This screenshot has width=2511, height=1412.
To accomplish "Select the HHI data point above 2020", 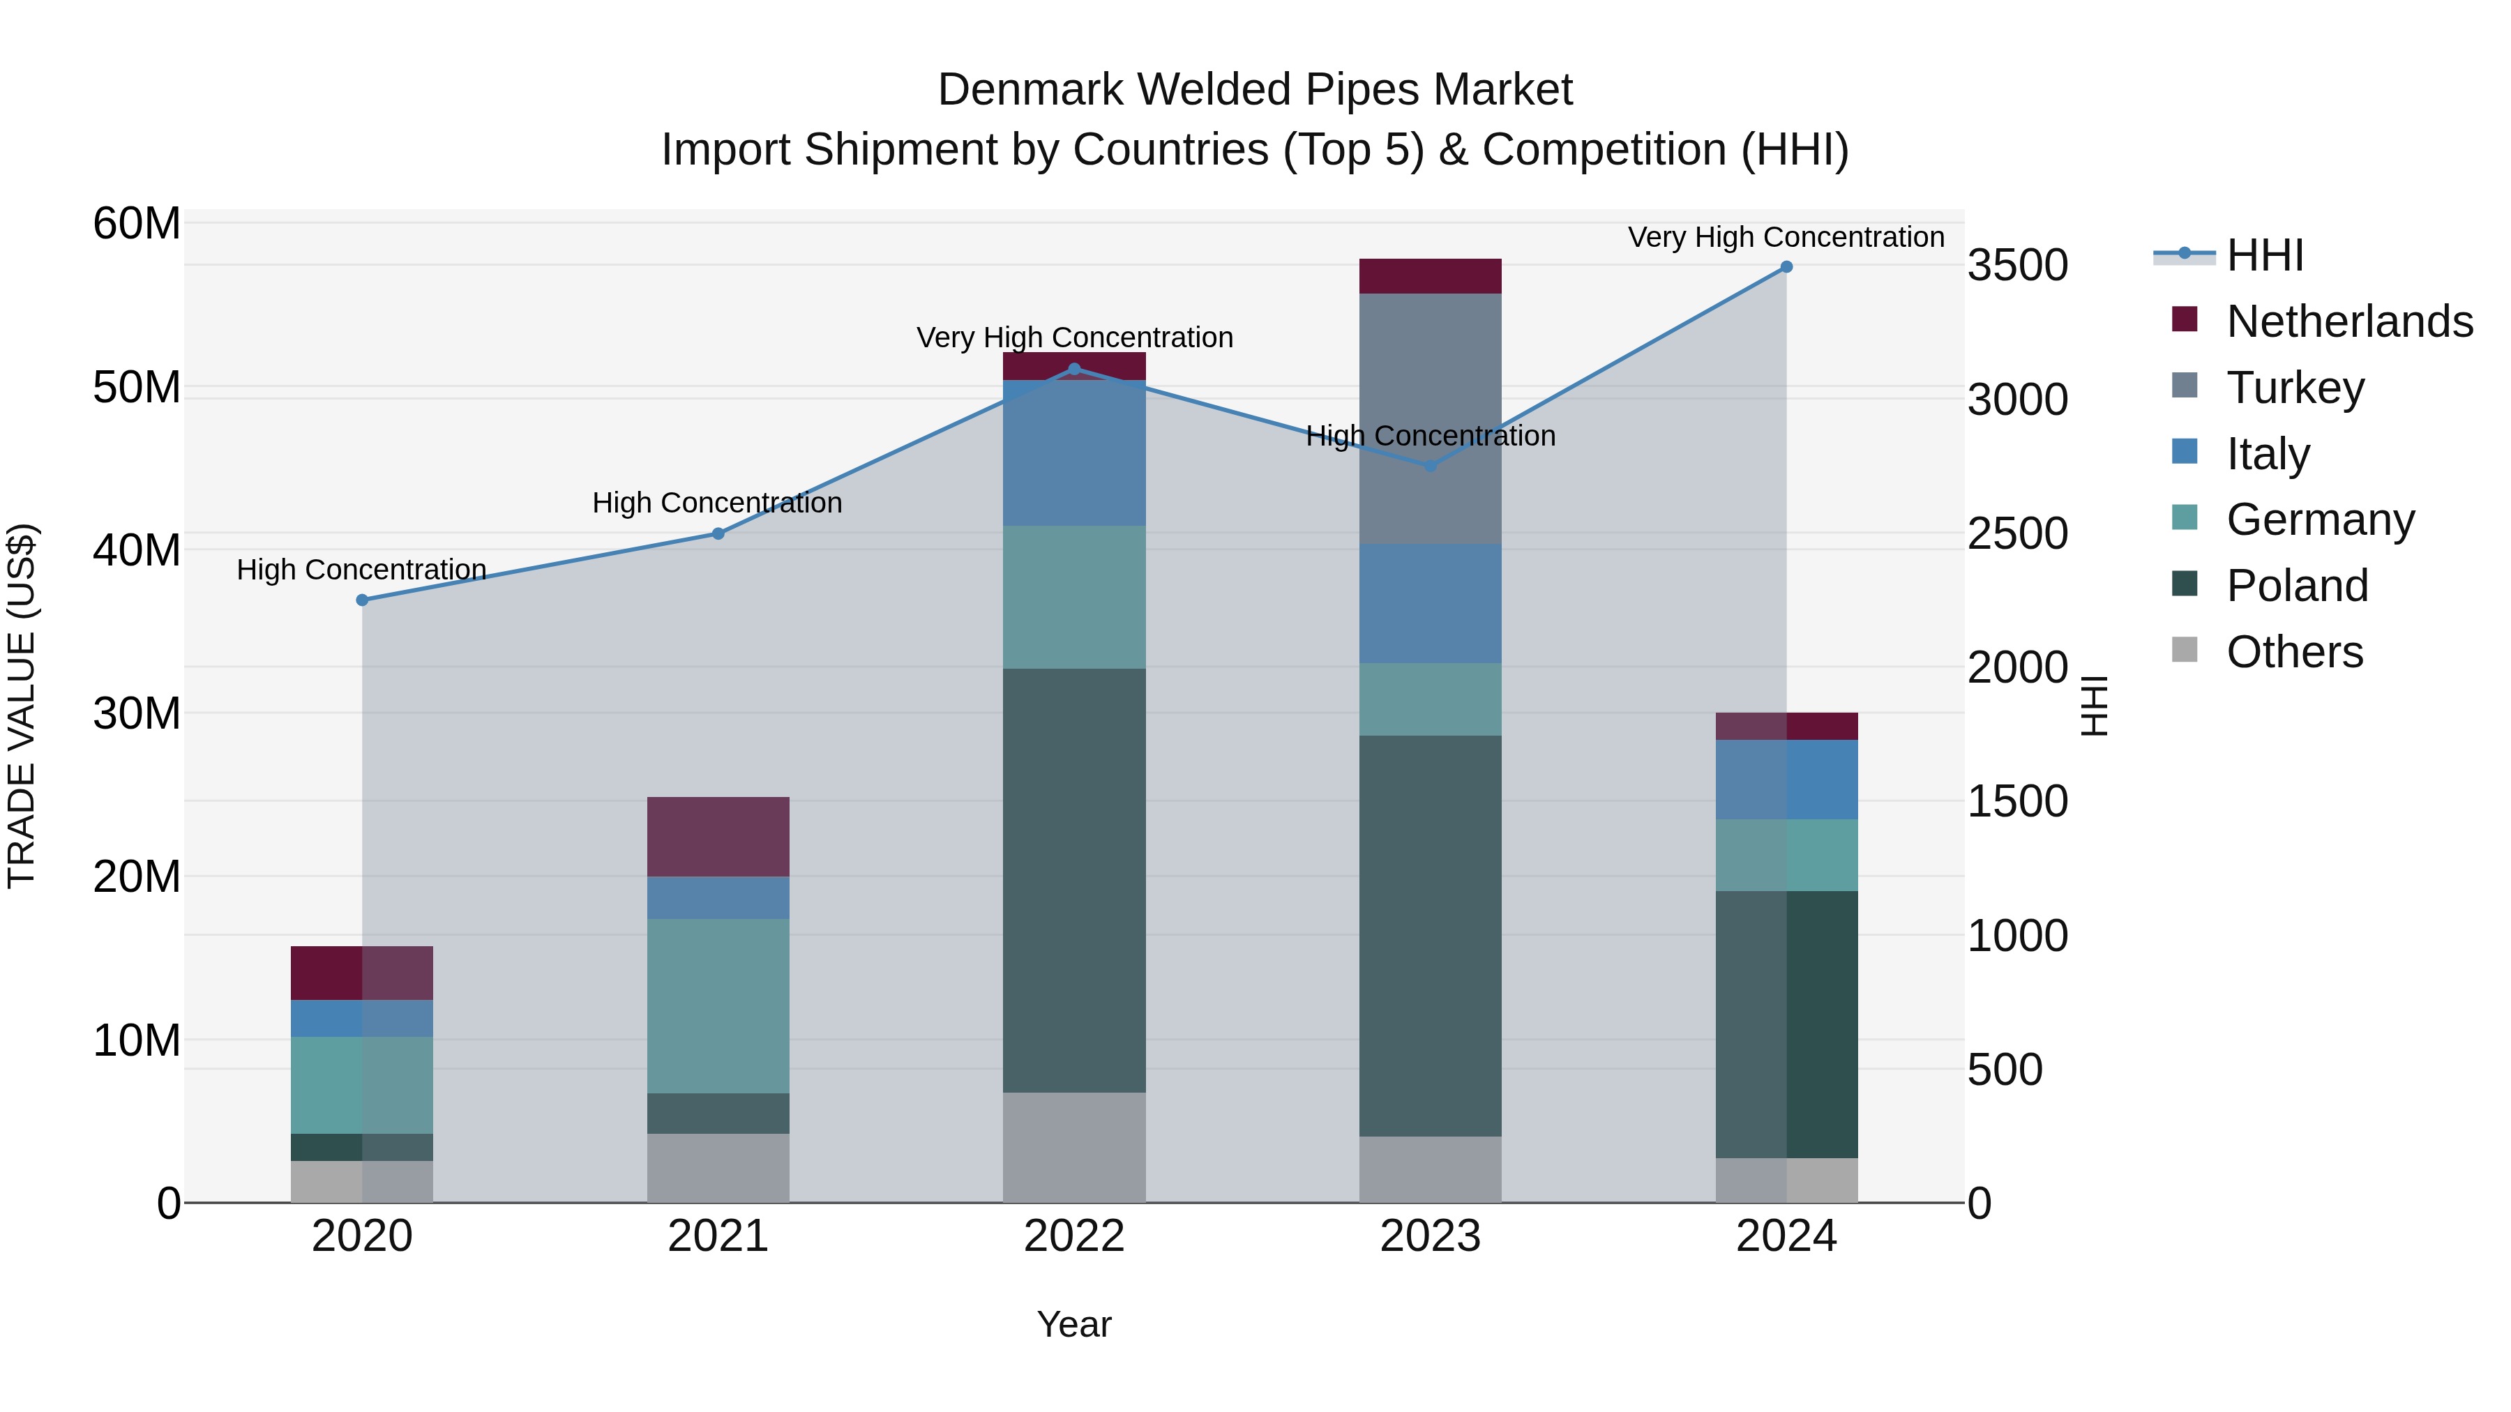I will (x=363, y=600).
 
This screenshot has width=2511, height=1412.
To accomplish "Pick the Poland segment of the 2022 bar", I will (x=1074, y=880).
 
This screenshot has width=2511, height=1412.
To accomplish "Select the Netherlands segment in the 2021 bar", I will (x=718, y=837).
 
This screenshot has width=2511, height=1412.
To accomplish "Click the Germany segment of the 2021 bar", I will (x=718, y=1005).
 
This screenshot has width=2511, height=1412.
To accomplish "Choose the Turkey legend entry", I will (x=2295, y=388).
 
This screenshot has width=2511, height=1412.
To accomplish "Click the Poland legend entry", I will (x=2297, y=586).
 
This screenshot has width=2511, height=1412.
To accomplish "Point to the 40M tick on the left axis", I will (x=137, y=551).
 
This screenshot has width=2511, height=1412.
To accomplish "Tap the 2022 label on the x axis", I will (x=1074, y=1236).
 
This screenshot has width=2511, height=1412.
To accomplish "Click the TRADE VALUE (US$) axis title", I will (x=22, y=706).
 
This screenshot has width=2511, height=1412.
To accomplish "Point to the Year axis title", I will (x=1074, y=1324).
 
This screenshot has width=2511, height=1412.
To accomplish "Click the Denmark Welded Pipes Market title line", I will (x=1255, y=90).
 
